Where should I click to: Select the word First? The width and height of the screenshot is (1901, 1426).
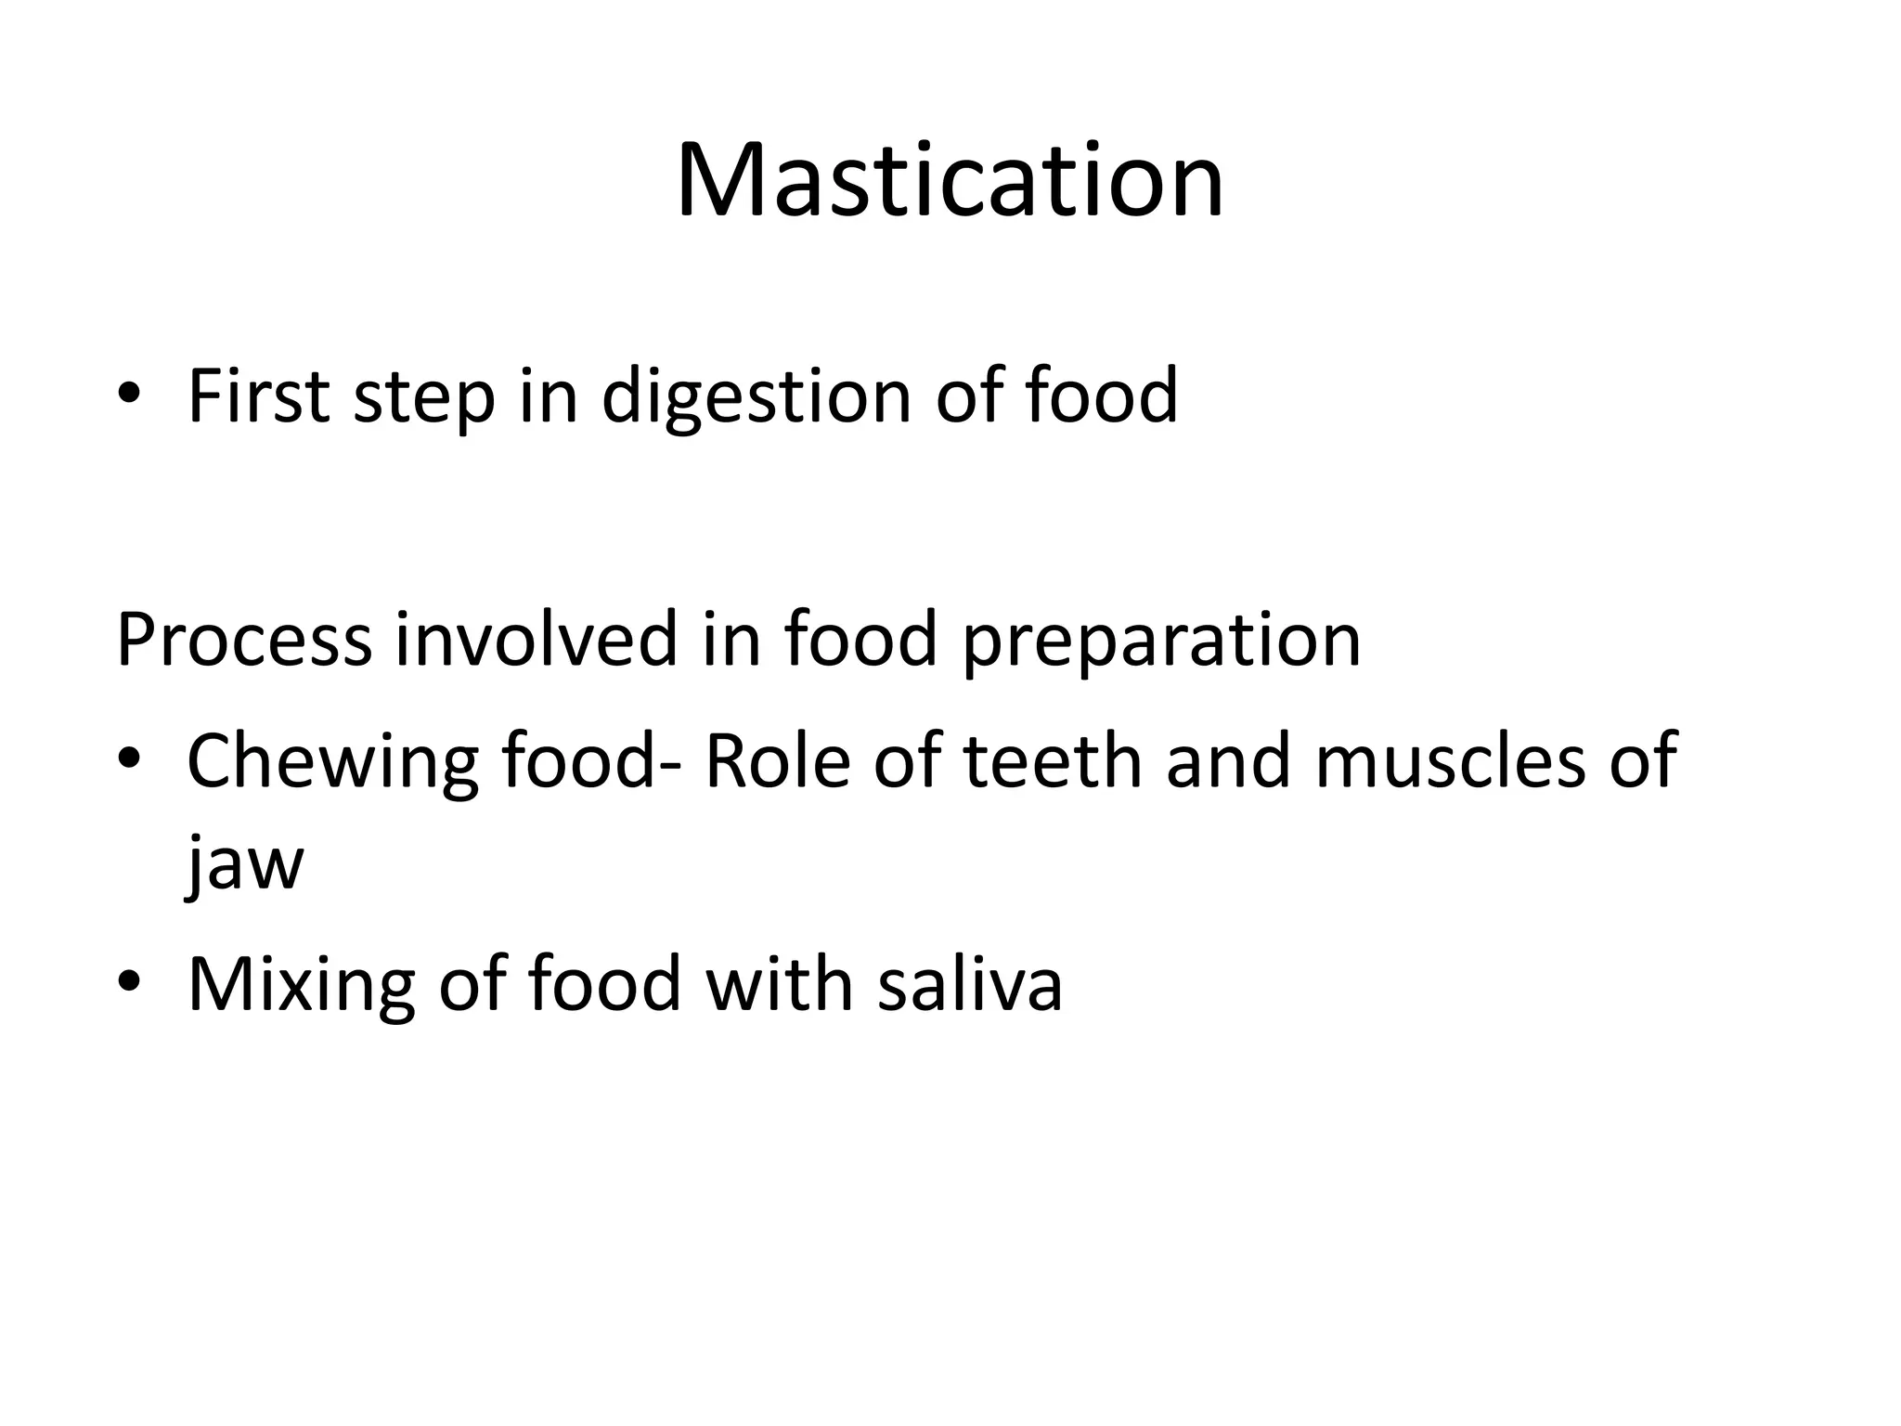258,396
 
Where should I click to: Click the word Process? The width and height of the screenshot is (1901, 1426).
244,640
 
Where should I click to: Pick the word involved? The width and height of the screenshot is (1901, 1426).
536,640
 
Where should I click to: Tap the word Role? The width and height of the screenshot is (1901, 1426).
777,761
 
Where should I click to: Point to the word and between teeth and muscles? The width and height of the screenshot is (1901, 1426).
1227,761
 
